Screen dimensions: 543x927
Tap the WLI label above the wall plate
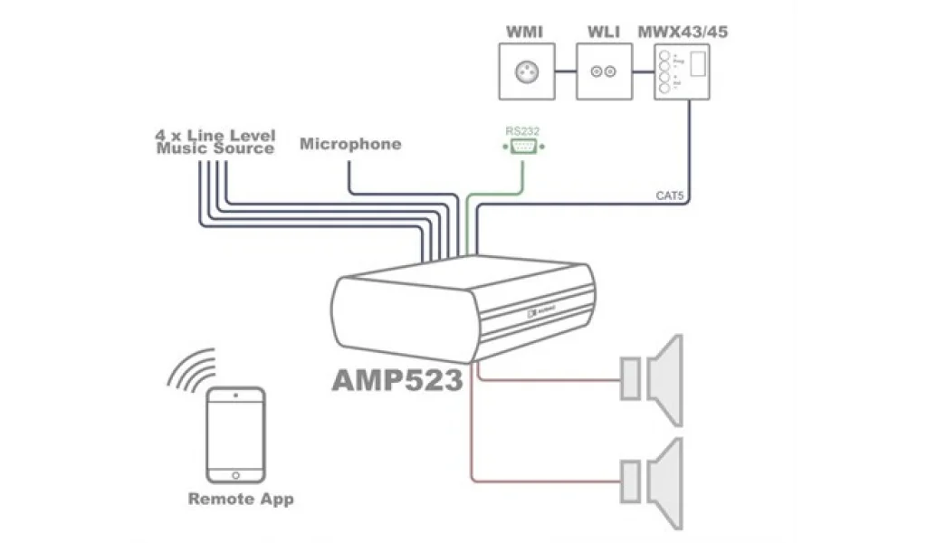point(604,33)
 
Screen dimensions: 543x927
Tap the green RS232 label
point(522,131)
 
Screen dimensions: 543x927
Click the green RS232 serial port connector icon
point(523,148)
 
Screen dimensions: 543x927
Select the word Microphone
point(349,144)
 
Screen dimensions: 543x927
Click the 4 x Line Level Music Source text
point(215,142)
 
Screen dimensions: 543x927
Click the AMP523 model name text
point(397,379)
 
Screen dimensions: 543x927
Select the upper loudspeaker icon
point(652,379)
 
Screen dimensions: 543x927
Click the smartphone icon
point(235,434)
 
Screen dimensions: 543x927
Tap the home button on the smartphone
point(235,474)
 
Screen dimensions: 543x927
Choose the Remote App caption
point(241,499)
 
